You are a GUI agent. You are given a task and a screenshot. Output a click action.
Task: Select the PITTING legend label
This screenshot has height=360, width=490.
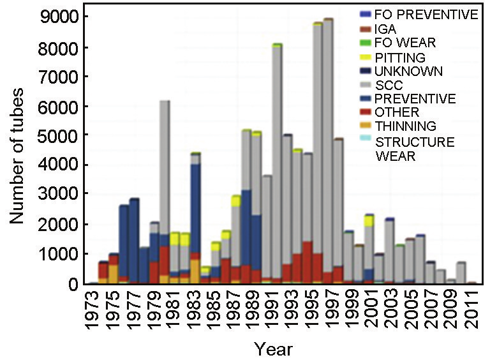tap(399, 57)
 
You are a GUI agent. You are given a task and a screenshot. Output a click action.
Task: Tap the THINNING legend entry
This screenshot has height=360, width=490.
tap(405, 126)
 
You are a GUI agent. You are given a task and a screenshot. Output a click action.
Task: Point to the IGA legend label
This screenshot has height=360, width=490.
tap(385, 29)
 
